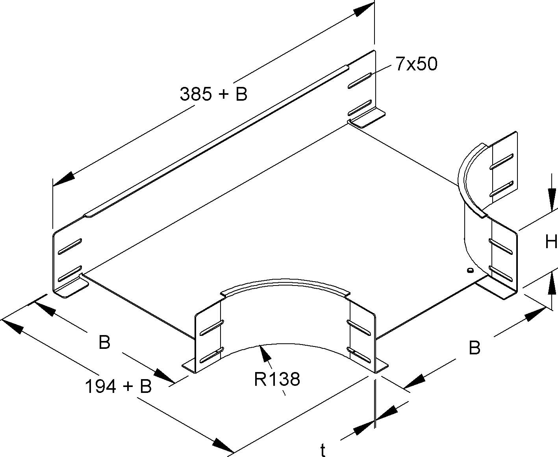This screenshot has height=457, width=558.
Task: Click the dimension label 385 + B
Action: tap(213, 94)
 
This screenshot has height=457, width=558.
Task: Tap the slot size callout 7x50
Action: tap(416, 64)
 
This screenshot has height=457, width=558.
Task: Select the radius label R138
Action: tap(277, 379)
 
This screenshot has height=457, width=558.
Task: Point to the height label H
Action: tap(551, 242)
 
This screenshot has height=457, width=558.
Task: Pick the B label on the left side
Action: tap(104, 342)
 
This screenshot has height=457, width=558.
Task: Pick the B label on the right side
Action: tap(475, 348)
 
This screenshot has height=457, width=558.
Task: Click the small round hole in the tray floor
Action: tap(469, 270)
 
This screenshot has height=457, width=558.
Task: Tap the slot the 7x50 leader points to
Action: tap(360, 80)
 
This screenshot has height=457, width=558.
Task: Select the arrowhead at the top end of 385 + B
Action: tap(362, 9)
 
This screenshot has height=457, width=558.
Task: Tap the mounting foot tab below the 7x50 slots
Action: tap(368, 119)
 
